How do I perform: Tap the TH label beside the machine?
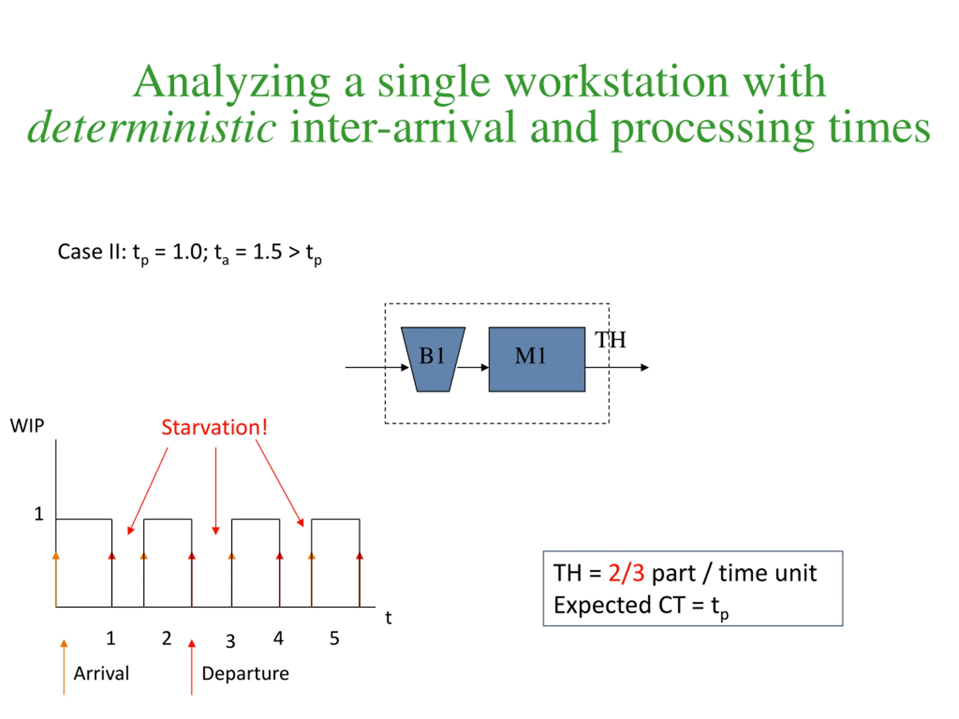(x=610, y=340)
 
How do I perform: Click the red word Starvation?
(x=214, y=427)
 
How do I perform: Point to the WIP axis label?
(x=27, y=425)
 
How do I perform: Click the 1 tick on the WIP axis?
(x=39, y=514)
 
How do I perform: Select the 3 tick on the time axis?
(x=230, y=641)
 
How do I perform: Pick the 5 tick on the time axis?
(x=334, y=638)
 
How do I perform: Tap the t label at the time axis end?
(x=388, y=618)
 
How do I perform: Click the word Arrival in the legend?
(x=102, y=673)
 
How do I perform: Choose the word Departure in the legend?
(x=245, y=673)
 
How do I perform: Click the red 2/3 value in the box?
(x=626, y=573)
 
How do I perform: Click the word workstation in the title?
(x=617, y=82)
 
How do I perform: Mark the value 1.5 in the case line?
(x=267, y=252)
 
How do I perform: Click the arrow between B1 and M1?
(x=472, y=367)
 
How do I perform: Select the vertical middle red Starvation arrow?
(x=215, y=490)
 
